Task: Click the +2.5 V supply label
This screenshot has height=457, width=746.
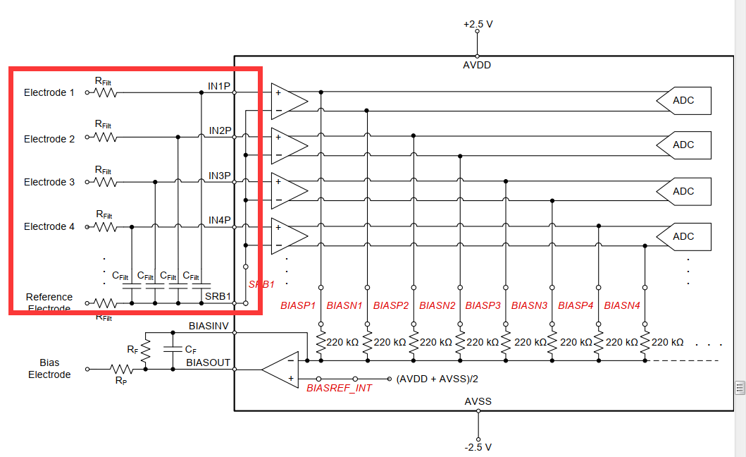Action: tap(478, 24)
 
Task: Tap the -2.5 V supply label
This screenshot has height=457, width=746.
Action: tap(478, 447)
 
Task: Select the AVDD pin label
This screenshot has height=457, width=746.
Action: tap(477, 65)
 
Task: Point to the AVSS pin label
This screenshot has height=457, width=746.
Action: tap(478, 401)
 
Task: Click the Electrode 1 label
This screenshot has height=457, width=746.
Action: tap(49, 92)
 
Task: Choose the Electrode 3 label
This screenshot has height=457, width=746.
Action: tap(49, 182)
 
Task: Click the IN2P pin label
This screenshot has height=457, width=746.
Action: tap(220, 130)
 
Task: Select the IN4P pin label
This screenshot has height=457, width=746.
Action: tap(220, 220)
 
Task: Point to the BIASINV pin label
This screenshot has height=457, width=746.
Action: tap(209, 326)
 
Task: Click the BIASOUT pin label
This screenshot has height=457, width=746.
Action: tap(208, 362)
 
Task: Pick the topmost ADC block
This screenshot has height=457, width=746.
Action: tap(683, 100)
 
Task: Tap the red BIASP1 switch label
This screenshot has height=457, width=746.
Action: tap(298, 305)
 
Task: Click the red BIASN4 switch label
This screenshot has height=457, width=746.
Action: tap(622, 305)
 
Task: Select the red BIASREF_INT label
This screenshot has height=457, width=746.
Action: tap(339, 388)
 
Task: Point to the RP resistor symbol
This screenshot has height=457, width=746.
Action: tap(121, 368)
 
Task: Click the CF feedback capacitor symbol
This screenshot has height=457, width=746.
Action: tap(171, 348)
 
